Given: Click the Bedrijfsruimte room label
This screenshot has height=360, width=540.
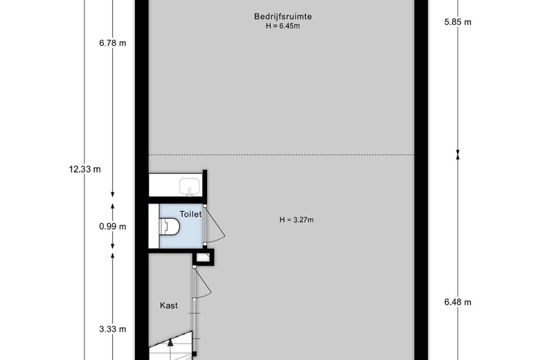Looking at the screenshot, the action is point(283,16).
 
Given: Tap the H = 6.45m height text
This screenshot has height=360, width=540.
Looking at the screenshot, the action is point(282,26).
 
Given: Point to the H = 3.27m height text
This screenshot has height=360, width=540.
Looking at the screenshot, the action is point(296,219).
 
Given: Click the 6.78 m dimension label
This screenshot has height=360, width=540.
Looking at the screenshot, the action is point(113,43).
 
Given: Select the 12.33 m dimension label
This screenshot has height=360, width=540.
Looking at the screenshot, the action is point(84,169).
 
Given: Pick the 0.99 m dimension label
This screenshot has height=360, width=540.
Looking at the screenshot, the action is point(113,226).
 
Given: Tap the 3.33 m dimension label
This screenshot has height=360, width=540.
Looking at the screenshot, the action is point(113,329).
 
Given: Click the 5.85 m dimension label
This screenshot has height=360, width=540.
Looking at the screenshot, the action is point(458,22).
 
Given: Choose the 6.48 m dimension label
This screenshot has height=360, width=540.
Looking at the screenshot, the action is point(458,302).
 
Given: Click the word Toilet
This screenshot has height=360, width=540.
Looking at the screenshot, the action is point(190,215).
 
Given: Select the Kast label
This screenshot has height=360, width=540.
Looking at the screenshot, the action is point(169,305).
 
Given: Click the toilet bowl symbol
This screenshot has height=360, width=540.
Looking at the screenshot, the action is point(170,226).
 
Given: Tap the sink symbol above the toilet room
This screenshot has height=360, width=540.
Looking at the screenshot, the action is point(190,187).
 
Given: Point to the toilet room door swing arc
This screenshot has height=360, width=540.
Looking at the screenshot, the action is point(217,226).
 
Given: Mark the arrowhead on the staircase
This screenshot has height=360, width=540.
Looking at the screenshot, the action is point(170,342).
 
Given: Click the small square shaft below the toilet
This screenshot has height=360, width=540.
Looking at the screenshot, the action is point(204,258).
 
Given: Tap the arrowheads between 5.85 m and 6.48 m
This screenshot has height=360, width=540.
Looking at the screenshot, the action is point(458,154).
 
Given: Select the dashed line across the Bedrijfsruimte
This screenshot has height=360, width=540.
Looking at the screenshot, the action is point(281,154).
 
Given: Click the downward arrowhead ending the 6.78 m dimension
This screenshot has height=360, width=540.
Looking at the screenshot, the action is point(112,195).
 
